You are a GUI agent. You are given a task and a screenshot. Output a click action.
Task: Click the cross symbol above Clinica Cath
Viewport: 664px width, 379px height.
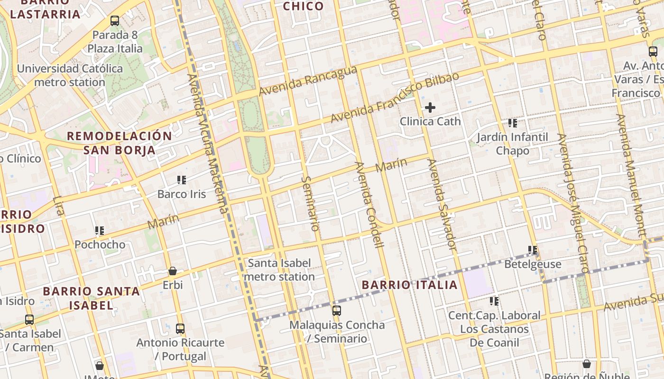point(430,108)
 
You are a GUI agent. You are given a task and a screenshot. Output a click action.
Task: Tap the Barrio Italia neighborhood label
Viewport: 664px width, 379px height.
point(410,285)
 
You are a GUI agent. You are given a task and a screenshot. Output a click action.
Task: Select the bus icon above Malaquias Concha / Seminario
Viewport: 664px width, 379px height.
point(337,311)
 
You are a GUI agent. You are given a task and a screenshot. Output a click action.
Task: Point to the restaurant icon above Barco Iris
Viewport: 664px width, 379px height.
point(182,180)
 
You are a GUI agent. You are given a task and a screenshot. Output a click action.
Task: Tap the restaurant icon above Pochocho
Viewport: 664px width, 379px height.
point(100,231)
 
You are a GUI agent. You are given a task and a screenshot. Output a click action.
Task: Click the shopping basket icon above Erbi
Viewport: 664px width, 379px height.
point(173,271)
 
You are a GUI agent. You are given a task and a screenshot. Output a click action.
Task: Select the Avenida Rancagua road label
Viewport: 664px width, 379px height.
point(308,80)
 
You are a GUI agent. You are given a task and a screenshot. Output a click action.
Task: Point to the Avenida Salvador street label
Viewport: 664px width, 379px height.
point(442,205)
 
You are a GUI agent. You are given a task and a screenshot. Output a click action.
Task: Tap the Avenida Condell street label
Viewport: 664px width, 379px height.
point(369,205)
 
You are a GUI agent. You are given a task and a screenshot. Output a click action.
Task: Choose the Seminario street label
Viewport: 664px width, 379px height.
point(310,204)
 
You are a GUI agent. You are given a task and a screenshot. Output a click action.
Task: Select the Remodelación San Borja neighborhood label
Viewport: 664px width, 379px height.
point(120,143)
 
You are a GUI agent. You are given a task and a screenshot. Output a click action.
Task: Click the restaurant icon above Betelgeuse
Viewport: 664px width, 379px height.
point(533,250)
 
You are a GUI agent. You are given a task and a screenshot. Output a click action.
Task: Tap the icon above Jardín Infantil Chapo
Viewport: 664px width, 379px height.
point(513,123)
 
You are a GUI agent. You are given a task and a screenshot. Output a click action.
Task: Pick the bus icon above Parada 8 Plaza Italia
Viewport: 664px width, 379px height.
point(115,21)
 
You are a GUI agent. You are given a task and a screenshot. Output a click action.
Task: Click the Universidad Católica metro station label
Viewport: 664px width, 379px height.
point(70,75)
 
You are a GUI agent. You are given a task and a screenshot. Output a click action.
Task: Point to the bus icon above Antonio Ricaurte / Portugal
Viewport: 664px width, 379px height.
point(180,328)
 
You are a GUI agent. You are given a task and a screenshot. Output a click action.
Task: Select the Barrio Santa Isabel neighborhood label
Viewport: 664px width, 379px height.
point(91,298)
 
